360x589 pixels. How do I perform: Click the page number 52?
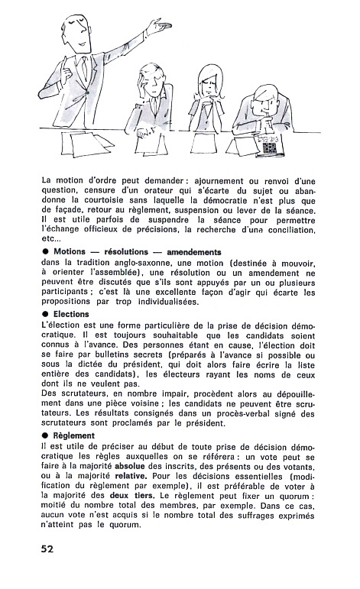pyautogui.click(x=47, y=549)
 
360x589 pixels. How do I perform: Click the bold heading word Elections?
pyautogui.click(x=71, y=314)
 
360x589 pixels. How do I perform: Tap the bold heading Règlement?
pyautogui.click(x=74, y=435)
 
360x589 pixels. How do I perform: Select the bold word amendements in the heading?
pyautogui.click(x=194, y=252)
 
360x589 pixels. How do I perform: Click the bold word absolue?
pyautogui.click(x=130, y=467)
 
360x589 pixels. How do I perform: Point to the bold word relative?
pyautogui.click(x=130, y=476)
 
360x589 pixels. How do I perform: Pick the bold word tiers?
pyautogui.click(x=144, y=496)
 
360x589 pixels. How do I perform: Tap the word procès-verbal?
pyautogui.click(x=242, y=413)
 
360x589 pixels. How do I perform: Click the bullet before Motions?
pyautogui.click(x=45, y=251)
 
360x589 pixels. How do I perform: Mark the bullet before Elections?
pyautogui.click(x=45, y=314)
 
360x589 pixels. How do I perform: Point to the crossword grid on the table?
pyautogui.click(x=270, y=147)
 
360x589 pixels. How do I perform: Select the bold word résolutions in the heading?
pyautogui.click(x=126, y=252)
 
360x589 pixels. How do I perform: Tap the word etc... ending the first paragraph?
pyautogui.click(x=50, y=239)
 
